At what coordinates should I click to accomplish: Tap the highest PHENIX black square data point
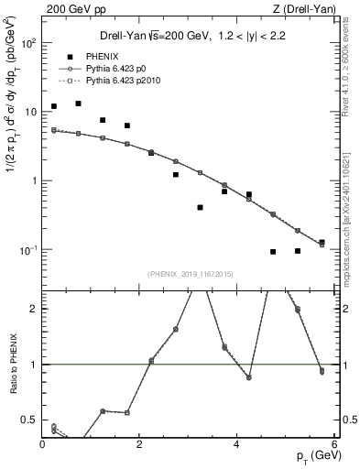(79, 104)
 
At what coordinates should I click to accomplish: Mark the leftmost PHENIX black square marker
(54, 106)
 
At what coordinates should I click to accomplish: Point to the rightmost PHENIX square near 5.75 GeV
(322, 243)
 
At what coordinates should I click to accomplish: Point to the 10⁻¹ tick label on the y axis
(27, 249)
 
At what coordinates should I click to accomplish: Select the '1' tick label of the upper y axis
(34, 180)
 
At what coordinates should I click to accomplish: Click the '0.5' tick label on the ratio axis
(30, 420)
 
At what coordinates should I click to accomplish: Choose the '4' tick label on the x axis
(236, 444)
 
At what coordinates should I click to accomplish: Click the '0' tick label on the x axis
(43, 444)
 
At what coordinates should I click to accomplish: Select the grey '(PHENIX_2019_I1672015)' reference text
(190, 274)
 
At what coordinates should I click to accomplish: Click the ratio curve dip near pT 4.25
(248, 377)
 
